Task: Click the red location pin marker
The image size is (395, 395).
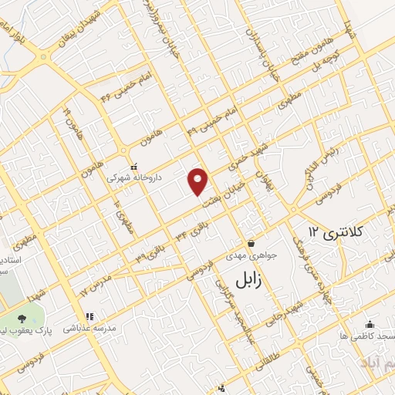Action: coord(199,181)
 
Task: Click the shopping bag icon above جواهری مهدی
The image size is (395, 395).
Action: coord(251,243)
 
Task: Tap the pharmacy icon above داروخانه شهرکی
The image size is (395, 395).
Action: coord(133,165)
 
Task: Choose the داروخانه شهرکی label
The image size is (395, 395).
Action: coord(134,177)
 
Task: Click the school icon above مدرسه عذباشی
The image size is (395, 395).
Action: coord(89,316)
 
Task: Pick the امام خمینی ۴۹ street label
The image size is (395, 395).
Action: coord(211,123)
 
